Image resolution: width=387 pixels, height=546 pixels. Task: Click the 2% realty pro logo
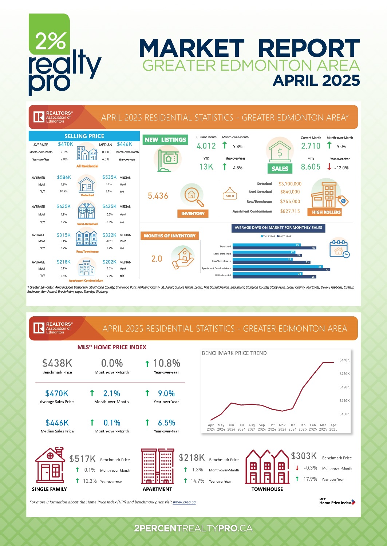tap(62, 55)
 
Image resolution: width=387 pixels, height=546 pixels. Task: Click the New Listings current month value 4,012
tap(206, 146)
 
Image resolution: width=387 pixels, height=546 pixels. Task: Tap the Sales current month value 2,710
tap(311, 146)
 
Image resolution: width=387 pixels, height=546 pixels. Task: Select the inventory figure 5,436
tap(158, 196)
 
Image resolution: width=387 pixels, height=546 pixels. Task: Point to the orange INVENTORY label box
tap(193, 214)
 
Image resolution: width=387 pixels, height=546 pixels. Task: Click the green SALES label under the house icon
tap(280, 169)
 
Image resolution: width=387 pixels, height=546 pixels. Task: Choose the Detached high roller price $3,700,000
tap(290, 184)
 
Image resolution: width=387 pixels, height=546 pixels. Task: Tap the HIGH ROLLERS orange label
tap(326, 212)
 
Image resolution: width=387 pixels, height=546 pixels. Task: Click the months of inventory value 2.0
tap(157, 258)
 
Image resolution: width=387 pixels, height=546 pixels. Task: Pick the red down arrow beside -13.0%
tap(329, 167)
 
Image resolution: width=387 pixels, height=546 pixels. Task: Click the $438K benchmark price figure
tap(57, 363)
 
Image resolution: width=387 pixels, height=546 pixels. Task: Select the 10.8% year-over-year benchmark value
tap(166, 363)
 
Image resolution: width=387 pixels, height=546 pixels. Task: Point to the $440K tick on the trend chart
tap(344, 360)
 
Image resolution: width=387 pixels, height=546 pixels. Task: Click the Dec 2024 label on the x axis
tap(292, 427)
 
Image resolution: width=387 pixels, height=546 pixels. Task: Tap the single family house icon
tap(50, 466)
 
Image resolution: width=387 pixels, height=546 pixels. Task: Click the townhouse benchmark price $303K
tap(304, 456)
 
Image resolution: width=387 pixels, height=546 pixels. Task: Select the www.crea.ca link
tap(184, 502)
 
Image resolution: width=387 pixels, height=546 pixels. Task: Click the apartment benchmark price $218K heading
tap(192, 458)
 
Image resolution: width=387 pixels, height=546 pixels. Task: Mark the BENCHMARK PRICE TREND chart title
tap(234, 353)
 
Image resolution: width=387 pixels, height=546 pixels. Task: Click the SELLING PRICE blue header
tap(84, 136)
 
